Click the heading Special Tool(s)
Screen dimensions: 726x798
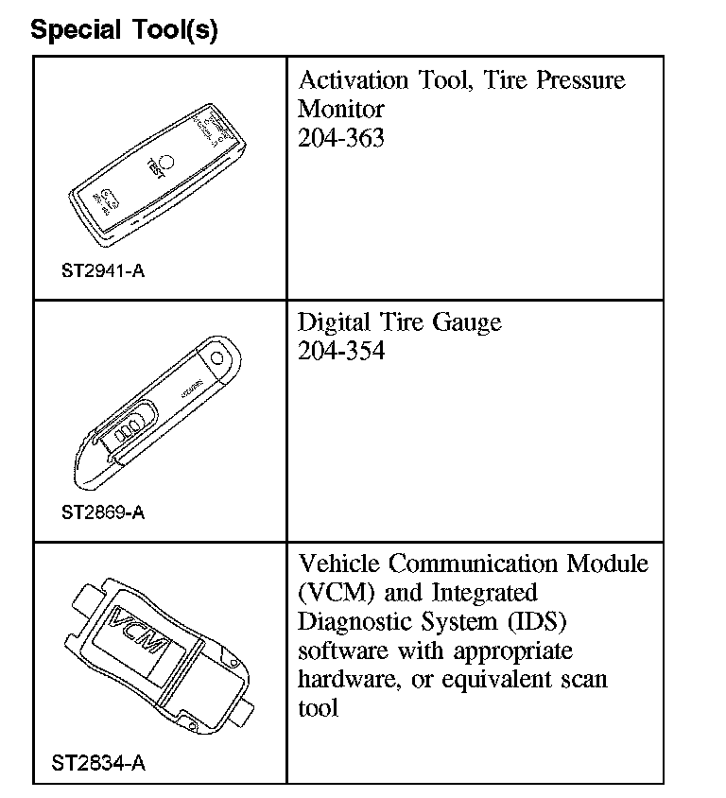[x=124, y=29]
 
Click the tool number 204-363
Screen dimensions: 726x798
[x=341, y=138]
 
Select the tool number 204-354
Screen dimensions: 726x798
[x=341, y=352]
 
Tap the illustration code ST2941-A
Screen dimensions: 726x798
[x=103, y=272]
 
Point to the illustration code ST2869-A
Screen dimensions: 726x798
[x=103, y=513]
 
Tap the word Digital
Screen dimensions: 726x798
[x=334, y=323]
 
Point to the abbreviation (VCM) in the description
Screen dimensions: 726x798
[x=333, y=594]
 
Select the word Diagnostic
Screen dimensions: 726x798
[x=364, y=622]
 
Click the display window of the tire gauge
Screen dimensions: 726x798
[x=130, y=426]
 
